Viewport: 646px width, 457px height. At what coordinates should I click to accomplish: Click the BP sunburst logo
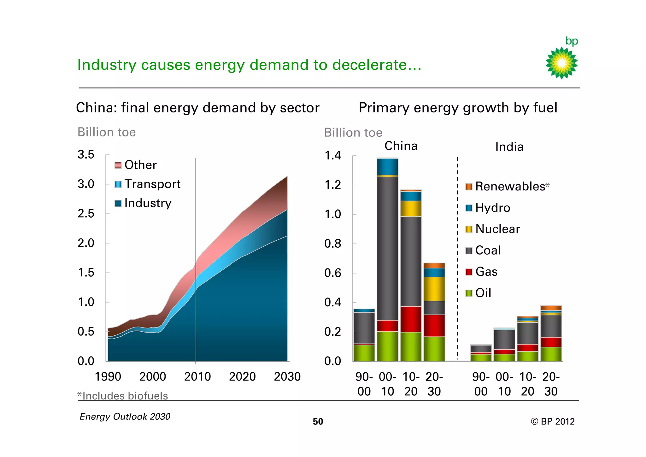(x=561, y=63)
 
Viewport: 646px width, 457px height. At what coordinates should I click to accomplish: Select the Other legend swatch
(x=118, y=165)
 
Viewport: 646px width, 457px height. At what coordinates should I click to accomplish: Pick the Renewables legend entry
(x=510, y=186)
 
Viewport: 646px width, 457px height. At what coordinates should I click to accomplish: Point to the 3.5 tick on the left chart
(x=86, y=154)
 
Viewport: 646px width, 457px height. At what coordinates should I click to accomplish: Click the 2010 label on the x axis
(x=197, y=376)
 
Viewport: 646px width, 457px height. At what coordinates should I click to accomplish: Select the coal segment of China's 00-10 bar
(x=387, y=248)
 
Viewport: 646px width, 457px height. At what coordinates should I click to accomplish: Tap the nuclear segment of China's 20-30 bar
(x=434, y=289)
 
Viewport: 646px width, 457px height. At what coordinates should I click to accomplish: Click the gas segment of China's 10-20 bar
(x=411, y=319)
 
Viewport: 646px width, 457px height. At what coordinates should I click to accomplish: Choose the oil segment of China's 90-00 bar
(x=364, y=353)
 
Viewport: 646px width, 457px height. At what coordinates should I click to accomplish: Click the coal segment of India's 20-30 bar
(x=551, y=326)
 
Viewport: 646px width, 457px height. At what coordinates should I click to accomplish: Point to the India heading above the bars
(x=509, y=147)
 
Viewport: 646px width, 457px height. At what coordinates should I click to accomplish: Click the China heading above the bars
(x=401, y=146)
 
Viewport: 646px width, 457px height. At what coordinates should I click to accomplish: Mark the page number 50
(x=318, y=422)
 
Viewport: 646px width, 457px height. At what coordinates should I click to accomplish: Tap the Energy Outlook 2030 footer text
(x=125, y=417)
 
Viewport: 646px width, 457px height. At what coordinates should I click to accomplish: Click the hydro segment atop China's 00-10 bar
(x=387, y=166)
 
